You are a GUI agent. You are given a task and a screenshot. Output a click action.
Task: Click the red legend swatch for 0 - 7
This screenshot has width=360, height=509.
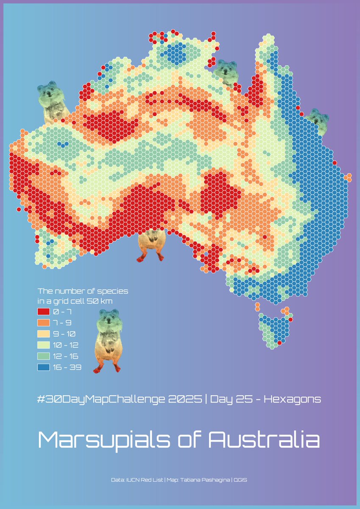coord(44,312)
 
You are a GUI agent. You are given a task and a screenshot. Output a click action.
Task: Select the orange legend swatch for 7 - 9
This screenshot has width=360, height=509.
coord(44,323)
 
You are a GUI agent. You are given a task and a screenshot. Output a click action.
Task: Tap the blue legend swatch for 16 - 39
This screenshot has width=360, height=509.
coord(44,367)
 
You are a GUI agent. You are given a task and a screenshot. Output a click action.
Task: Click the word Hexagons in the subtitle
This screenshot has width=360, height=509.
coord(293,400)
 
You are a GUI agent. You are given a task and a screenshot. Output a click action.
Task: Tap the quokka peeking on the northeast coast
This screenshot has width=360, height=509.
coord(318,119)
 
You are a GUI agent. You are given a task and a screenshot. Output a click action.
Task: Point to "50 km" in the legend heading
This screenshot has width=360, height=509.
coord(100,301)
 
